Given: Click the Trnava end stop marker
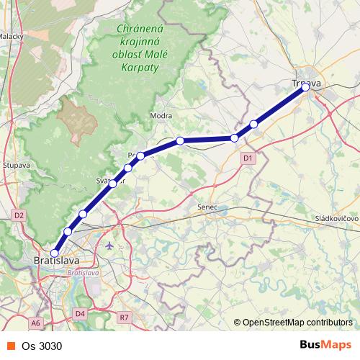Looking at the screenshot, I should click(x=305, y=87).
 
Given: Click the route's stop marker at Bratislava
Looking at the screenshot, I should click(x=54, y=253).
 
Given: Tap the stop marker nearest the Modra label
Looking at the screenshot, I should click(x=180, y=140).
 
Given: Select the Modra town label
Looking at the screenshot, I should click(x=159, y=115).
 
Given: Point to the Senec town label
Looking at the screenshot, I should click(x=207, y=207).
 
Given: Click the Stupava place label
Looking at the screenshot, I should click(x=16, y=165).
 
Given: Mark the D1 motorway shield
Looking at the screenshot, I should click(x=247, y=158).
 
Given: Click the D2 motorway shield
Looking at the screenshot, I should click(x=19, y=215).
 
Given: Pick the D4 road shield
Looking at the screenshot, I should click(x=80, y=313).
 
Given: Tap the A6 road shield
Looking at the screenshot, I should click(x=36, y=323).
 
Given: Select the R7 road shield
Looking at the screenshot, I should click(x=125, y=316).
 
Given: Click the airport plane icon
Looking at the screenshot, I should click(x=109, y=246).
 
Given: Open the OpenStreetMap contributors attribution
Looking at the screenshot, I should click(x=297, y=323).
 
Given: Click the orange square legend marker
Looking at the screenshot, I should click(x=10, y=346).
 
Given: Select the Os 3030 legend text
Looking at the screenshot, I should click(x=42, y=346).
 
